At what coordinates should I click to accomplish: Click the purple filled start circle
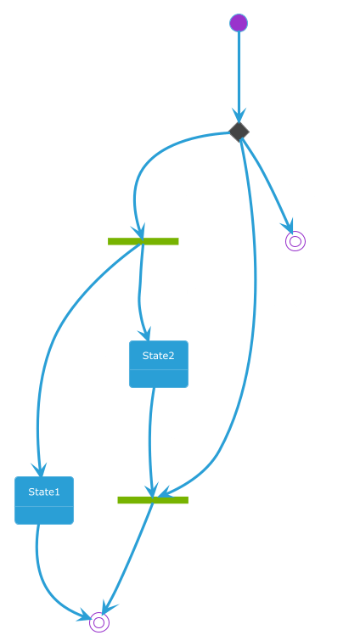pyautogui.click(x=239, y=22)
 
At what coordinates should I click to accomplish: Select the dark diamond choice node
pyautogui.click(x=239, y=132)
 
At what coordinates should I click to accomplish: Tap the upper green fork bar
pyautogui.click(x=143, y=241)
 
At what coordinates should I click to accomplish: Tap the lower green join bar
pyautogui.click(x=153, y=500)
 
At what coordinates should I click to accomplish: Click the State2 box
pyautogui.click(x=159, y=364)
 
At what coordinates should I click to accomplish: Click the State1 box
pyautogui.click(x=44, y=500)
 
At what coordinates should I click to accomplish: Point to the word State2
pyautogui.click(x=159, y=356)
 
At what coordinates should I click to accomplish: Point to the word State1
pyautogui.click(x=44, y=492)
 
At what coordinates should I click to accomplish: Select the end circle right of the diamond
pyautogui.click(x=295, y=241)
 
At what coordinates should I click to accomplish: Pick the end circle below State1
pyautogui.click(x=99, y=622)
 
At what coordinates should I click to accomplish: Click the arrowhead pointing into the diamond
pyautogui.click(x=239, y=115)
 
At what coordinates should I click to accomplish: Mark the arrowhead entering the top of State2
pyautogui.click(x=146, y=335)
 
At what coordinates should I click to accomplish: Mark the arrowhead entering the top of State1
pyautogui.click(x=40, y=470)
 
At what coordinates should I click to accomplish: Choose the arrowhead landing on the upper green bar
pyautogui.click(x=139, y=232)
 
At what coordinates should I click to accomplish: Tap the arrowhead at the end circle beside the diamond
pyautogui.click(x=288, y=227)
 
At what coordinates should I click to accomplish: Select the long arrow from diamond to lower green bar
pyautogui.click(x=255, y=311)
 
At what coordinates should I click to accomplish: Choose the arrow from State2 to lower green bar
pyautogui.click(x=150, y=441)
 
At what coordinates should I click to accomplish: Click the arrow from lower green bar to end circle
pyautogui.click(x=127, y=558)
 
